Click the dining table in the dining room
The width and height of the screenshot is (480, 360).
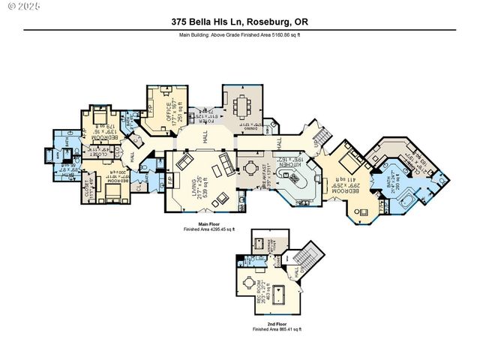243,106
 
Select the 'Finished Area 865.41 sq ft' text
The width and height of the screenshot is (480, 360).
277,330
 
